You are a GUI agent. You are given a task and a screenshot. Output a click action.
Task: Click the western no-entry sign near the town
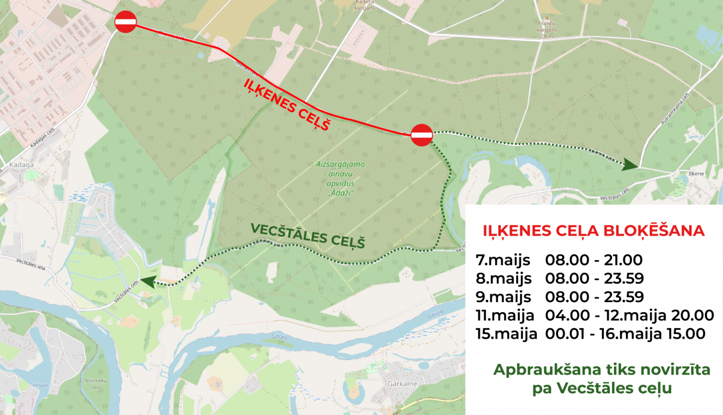126,22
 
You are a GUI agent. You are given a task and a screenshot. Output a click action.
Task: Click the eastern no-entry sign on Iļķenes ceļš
422,135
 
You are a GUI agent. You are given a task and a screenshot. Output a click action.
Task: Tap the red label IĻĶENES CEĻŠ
287,104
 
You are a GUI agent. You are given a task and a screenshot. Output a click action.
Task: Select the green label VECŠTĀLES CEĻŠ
308,235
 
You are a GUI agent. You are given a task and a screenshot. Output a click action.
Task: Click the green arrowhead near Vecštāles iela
147,282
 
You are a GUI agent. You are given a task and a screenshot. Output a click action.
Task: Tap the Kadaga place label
22,165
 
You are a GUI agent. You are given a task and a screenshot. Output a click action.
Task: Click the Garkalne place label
402,384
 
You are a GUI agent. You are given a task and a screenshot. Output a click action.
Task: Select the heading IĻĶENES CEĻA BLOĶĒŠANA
593,231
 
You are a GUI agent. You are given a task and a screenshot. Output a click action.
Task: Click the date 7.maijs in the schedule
503,260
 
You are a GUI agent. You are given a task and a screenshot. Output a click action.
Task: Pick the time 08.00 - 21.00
594,260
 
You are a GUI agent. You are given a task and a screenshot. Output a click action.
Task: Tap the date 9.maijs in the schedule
503,297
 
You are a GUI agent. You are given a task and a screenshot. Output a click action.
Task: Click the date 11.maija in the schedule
505,315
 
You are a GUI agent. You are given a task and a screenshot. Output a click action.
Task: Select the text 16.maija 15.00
652,333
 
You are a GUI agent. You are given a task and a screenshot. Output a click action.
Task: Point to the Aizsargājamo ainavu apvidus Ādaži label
340,179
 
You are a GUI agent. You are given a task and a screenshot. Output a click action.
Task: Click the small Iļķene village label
696,174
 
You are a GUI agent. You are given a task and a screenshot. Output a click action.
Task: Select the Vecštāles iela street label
30,264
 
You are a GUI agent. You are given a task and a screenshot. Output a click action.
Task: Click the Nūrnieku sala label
96,384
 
